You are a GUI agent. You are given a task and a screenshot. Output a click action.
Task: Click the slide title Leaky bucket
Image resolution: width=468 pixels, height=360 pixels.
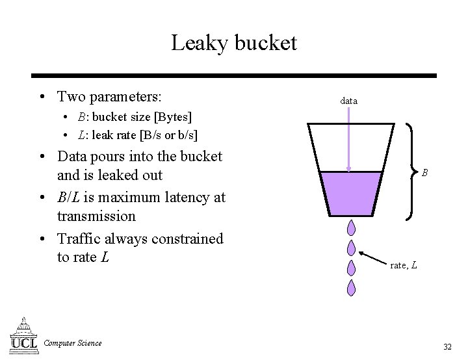click(x=234, y=43)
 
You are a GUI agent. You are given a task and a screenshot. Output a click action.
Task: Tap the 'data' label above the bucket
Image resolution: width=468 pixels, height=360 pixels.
click(x=348, y=101)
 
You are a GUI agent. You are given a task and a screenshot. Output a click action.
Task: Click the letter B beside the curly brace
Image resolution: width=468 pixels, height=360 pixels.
click(x=424, y=173)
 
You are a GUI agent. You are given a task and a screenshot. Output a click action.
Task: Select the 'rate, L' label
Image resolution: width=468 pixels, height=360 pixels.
click(x=404, y=265)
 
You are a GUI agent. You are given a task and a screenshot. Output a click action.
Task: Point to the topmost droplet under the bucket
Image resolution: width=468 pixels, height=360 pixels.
click(x=351, y=228)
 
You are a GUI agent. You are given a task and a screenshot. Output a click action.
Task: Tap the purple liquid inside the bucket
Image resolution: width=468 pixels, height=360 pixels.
click(x=351, y=194)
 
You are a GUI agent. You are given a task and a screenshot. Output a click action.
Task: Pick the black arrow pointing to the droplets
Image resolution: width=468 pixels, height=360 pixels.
click(x=373, y=256)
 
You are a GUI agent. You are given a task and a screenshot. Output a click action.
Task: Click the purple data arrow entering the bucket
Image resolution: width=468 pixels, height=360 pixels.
click(x=350, y=140)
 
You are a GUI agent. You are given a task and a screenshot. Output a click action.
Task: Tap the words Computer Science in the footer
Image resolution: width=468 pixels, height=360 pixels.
click(x=73, y=343)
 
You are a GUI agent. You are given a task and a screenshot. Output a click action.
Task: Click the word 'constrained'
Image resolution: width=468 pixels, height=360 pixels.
click(x=187, y=238)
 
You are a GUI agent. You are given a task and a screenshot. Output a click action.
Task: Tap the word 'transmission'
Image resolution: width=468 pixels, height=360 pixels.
click(x=96, y=216)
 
